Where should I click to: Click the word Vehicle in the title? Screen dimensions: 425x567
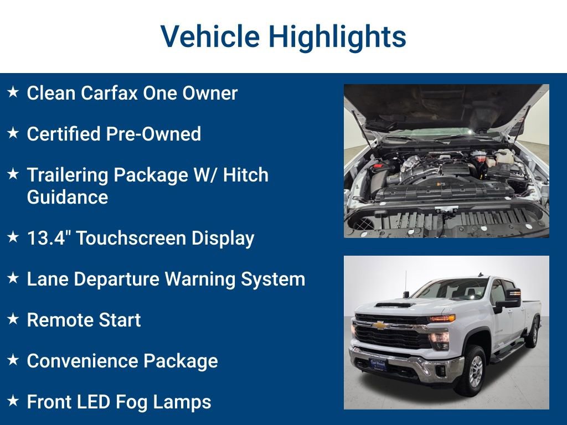pyautogui.click(x=210, y=37)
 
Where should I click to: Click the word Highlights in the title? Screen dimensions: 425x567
pyautogui.click(x=337, y=37)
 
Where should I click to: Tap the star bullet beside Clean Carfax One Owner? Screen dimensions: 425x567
pyautogui.click(x=13, y=92)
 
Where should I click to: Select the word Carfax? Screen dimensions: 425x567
pyautogui.click(x=109, y=93)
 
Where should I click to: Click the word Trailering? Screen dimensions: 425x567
pyautogui.click(x=68, y=175)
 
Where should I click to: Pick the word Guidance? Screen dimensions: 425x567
pyautogui.click(x=68, y=197)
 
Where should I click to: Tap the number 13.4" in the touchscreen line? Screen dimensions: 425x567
pyautogui.click(x=48, y=238)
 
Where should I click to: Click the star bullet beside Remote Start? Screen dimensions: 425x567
pyautogui.click(x=13, y=319)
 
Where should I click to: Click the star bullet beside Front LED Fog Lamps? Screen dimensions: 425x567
pyautogui.click(x=13, y=401)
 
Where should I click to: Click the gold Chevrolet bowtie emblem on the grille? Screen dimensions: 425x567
pyautogui.click(x=381, y=325)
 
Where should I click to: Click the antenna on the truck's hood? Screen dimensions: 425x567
pyautogui.click(x=406, y=284)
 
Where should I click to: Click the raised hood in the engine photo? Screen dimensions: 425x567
pyautogui.click(x=443, y=105)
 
